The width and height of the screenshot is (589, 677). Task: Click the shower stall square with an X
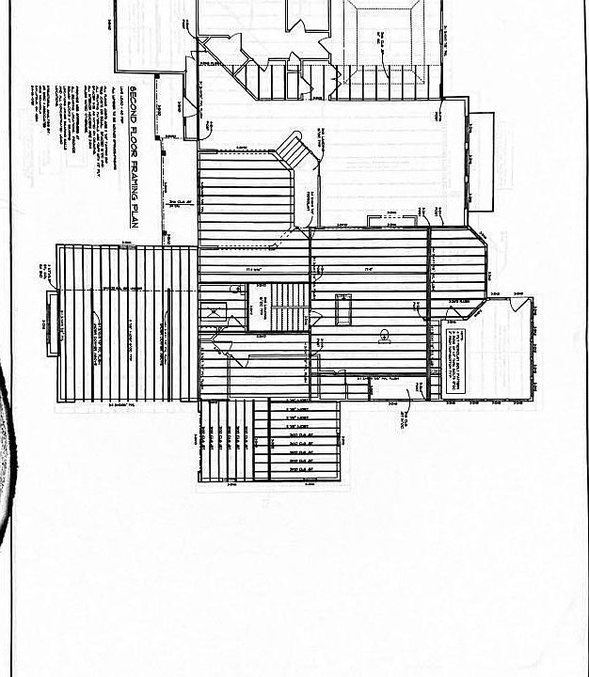pyautogui.click(x=215, y=312)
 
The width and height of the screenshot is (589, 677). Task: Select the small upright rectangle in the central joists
pyautogui.click(x=342, y=310)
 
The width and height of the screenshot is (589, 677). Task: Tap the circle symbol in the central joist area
pyautogui.click(x=384, y=334)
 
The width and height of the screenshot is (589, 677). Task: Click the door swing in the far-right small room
pyautogui.click(x=514, y=302)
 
